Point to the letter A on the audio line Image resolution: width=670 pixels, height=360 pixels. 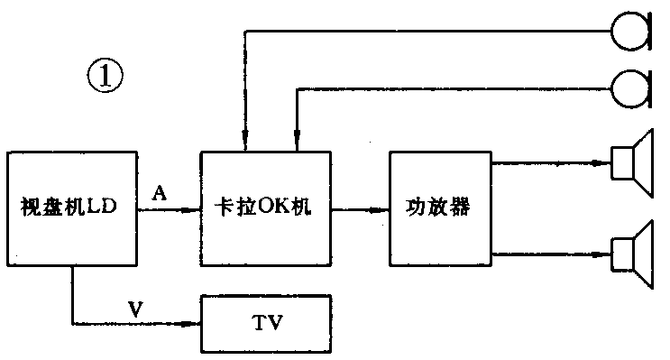(161, 193)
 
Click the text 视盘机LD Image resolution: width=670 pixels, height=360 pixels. (70, 208)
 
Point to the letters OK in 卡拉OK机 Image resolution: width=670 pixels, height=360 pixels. (271, 208)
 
